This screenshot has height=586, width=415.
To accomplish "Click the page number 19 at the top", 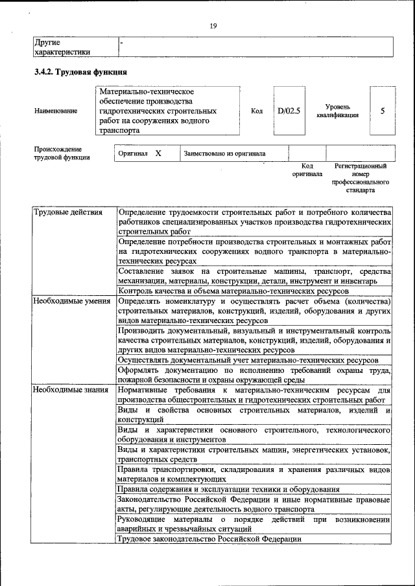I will tap(213, 26).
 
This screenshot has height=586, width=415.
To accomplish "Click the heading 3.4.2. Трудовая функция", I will tap(80, 71).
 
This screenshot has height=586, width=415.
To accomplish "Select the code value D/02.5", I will tap(289, 111).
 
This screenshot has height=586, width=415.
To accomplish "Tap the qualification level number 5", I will tap(383, 111).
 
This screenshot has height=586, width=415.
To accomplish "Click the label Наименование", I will tap(56, 111).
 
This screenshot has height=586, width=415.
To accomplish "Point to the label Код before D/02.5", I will tap(256, 111).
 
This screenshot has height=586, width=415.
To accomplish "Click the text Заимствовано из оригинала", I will tap(225, 154).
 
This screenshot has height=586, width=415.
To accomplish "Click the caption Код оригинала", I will tap(307, 170).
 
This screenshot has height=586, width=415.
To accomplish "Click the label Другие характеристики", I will tap(62, 47).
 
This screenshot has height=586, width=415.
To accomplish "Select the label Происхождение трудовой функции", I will tap(62, 153).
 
